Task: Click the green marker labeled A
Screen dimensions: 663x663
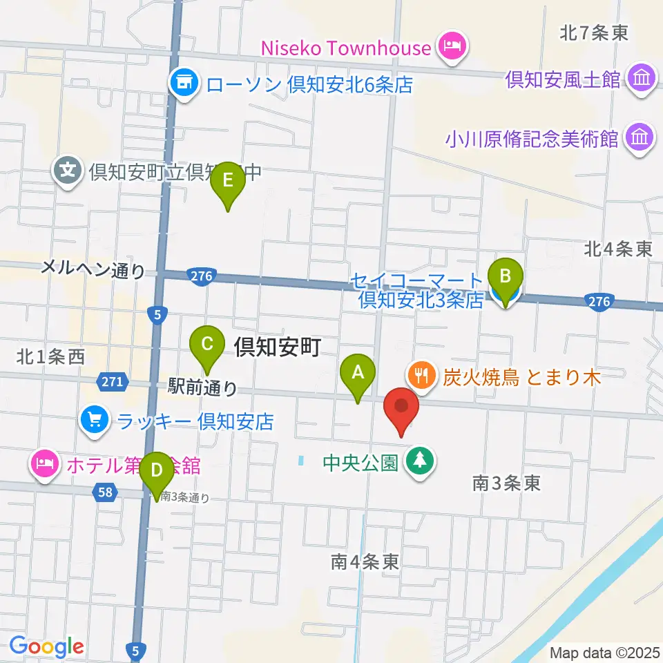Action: pyautogui.click(x=358, y=374)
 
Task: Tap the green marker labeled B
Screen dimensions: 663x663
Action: pyautogui.click(x=506, y=278)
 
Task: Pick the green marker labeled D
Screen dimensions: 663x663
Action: pyautogui.click(x=157, y=472)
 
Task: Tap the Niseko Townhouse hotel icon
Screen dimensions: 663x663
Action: pyautogui.click(x=454, y=47)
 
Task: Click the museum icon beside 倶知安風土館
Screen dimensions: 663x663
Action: pyautogui.click(x=642, y=79)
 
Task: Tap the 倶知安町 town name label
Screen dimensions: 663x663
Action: pyautogui.click(x=277, y=347)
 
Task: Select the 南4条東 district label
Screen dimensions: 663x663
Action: pyautogui.click(x=365, y=562)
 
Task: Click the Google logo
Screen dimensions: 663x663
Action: pyautogui.click(x=46, y=646)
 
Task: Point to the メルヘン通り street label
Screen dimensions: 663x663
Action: pyautogui.click(x=93, y=269)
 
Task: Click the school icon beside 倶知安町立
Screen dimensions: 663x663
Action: pyautogui.click(x=68, y=169)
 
